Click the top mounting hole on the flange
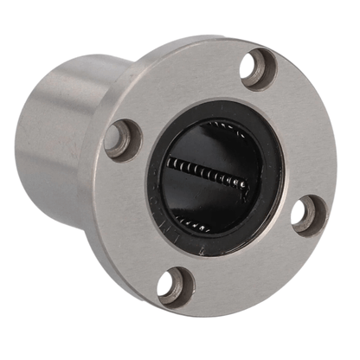[x=259, y=69]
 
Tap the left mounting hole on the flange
[x=123, y=138]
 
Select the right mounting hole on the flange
[x=307, y=213]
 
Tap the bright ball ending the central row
[x=245, y=183]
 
